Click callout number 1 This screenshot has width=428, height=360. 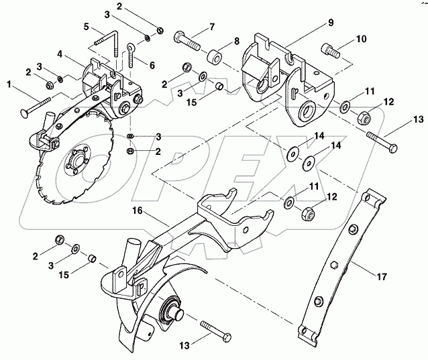(9, 85)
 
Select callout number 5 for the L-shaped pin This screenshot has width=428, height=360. (87, 27)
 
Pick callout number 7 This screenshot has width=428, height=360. (211, 27)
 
